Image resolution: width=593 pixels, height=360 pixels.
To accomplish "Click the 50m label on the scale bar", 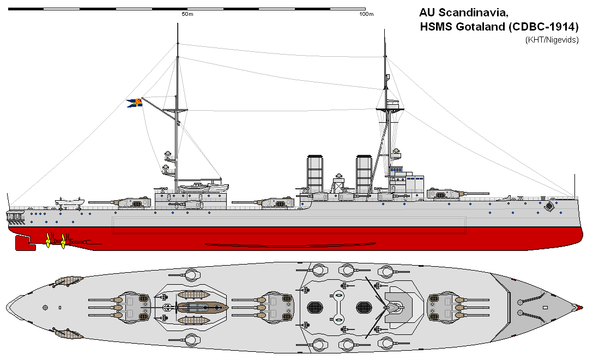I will click(x=187, y=14).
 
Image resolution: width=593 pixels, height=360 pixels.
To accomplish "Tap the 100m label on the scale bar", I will click(x=366, y=14).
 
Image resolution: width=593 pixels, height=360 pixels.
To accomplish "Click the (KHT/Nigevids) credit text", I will click(x=552, y=40).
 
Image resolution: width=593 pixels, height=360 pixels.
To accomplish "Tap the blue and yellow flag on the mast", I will click(x=135, y=103).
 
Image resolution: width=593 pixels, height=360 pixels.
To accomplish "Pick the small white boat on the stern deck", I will click(x=69, y=202).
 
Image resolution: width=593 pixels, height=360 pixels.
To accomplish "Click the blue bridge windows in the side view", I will click(x=396, y=170).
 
